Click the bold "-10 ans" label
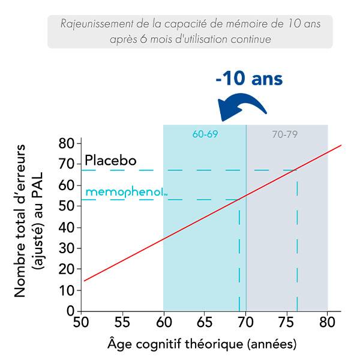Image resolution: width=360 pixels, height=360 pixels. point(250,79)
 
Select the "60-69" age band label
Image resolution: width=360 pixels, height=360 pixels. point(205,134)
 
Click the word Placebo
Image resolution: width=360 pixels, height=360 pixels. point(111,161)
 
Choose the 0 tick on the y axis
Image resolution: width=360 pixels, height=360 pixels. point(70,311)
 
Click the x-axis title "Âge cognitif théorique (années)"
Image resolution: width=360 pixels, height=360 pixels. point(202,345)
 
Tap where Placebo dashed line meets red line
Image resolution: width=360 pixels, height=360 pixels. point(297,170)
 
